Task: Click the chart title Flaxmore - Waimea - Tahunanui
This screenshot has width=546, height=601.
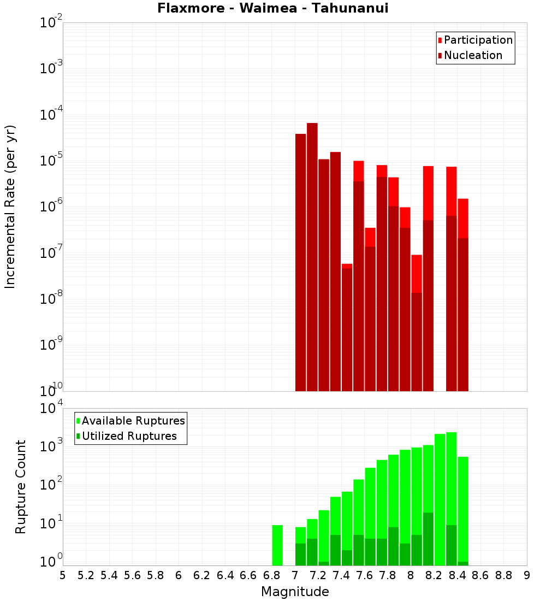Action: (x=273, y=9)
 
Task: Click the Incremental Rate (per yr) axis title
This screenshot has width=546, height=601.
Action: (x=10, y=207)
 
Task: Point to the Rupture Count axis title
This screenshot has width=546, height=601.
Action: (x=21, y=486)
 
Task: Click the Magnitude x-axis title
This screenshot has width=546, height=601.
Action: (x=295, y=592)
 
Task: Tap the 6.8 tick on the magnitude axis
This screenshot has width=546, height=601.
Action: (x=271, y=575)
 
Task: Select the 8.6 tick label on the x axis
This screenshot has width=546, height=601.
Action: (x=480, y=575)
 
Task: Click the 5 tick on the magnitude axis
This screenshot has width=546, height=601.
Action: (x=63, y=575)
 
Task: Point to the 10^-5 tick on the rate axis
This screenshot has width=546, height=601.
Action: (x=51, y=161)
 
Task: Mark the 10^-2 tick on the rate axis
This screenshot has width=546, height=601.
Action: (x=51, y=23)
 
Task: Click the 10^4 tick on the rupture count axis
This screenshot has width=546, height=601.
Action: (x=51, y=408)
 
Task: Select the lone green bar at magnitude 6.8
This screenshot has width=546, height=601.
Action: (x=277, y=545)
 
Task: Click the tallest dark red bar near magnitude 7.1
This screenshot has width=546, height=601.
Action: (x=312, y=257)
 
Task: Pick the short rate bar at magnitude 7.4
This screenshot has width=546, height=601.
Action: (x=347, y=328)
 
